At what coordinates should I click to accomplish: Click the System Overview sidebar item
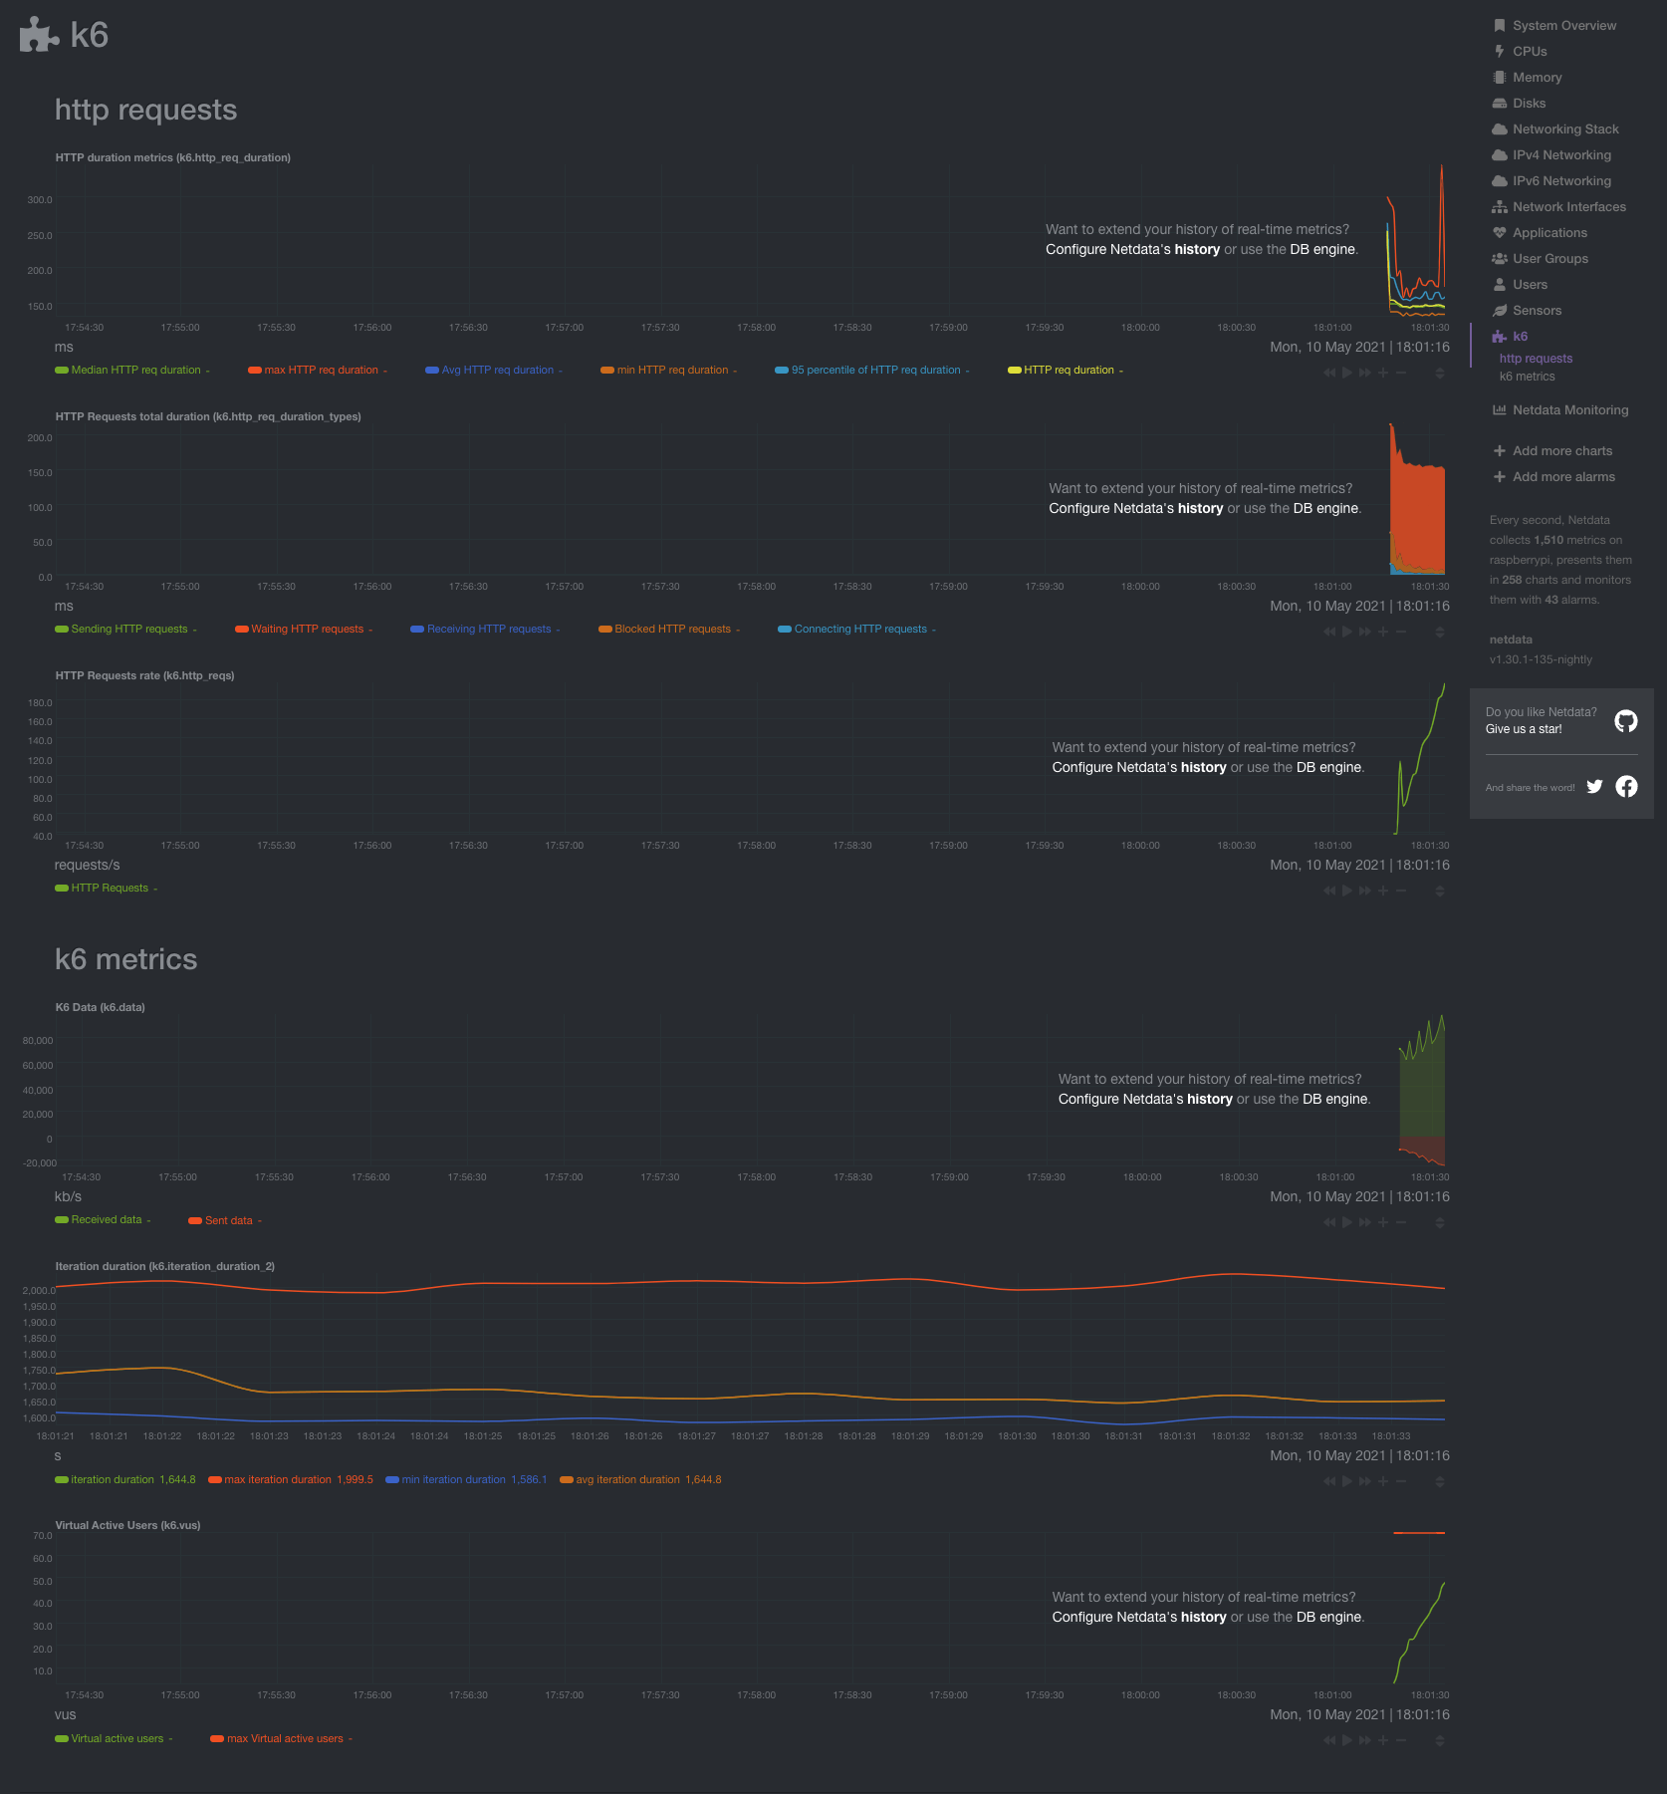[x=1563, y=26]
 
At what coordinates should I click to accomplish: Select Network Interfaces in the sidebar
[x=1568, y=207]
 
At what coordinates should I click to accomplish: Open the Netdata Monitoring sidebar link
[x=1569, y=410]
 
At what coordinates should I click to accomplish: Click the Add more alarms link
[x=1563, y=477]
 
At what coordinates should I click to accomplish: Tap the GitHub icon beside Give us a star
[x=1625, y=721]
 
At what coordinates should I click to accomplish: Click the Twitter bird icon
[x=1594, y=787]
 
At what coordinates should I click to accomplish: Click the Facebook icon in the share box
[x=1626, y=787]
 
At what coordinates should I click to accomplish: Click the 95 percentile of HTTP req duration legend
[x=875, y=371]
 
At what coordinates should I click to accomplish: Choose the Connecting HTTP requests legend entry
[x=859, y=630]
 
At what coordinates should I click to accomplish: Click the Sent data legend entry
[x=228, y=1221]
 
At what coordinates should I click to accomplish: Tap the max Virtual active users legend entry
[x=285, y=1739]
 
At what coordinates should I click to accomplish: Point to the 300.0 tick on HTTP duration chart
[x=40, y=200]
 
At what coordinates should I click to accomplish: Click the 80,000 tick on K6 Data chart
[x=38, y=1041]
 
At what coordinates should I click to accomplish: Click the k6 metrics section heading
[x=126, y=959]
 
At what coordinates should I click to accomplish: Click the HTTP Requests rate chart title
[x=144, y=676]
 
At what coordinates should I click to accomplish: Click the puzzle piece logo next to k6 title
[x=39, y=35]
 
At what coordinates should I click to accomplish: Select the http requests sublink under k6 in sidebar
[x=1536, y=359]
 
